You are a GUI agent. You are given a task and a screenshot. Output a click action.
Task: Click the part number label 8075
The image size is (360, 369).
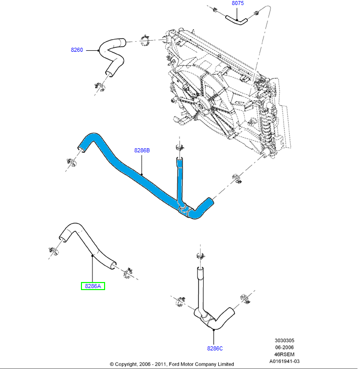coord(237,4)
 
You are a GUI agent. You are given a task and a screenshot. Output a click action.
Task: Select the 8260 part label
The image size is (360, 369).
coord(77,50)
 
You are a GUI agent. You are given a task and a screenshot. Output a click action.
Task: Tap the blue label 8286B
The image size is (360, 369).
coord(142,150)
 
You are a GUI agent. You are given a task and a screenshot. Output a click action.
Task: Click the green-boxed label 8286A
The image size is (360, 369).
coord(93,286)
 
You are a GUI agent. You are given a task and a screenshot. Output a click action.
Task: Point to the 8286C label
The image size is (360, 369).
coord(214,347)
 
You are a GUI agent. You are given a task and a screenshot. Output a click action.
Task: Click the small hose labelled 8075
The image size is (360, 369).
coord(236,20)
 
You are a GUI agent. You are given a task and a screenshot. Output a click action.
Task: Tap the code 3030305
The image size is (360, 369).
coord(284,340)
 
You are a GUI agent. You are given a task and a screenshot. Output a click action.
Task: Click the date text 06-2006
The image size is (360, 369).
coord(284,347)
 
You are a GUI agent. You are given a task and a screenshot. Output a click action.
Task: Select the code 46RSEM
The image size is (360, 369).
coord(284,354)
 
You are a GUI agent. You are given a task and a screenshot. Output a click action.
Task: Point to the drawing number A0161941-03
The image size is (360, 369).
coord(284,361)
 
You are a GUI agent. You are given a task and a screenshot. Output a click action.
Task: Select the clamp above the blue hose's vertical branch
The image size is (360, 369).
coord(178,148)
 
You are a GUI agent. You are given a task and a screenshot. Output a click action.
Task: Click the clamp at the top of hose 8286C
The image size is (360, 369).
coord(200,256)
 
